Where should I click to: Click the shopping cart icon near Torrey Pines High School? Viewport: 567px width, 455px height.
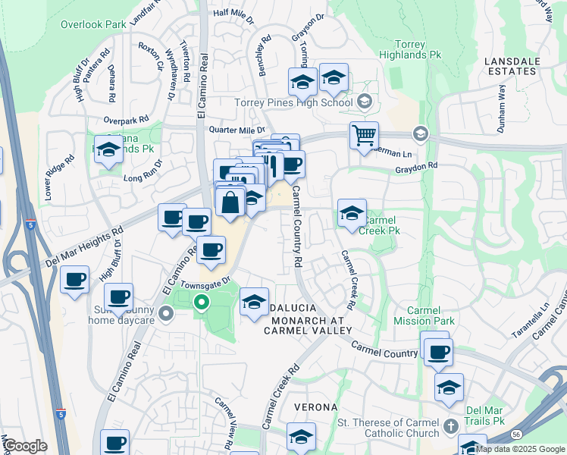[364, 136]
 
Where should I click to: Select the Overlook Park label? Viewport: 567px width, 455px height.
[93, 24]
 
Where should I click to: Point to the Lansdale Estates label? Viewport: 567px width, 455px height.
[511, 64]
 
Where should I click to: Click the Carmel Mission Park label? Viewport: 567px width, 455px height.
[430, 315]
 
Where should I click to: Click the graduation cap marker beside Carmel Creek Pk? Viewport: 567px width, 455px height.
[352, 214]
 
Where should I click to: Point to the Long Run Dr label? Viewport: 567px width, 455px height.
[143, 171]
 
